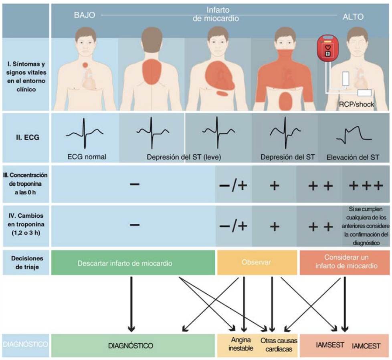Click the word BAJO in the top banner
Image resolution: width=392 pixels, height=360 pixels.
[84, 16]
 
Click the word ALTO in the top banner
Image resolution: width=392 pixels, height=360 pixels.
[353, 17]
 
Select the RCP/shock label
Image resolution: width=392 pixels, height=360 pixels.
[356, 104]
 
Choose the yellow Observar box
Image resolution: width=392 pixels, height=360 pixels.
[257, 263]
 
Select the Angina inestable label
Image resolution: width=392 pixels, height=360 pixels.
[241, 344]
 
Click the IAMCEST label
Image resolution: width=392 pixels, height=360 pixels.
[366, 346]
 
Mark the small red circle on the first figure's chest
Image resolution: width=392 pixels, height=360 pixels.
[85, 65]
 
